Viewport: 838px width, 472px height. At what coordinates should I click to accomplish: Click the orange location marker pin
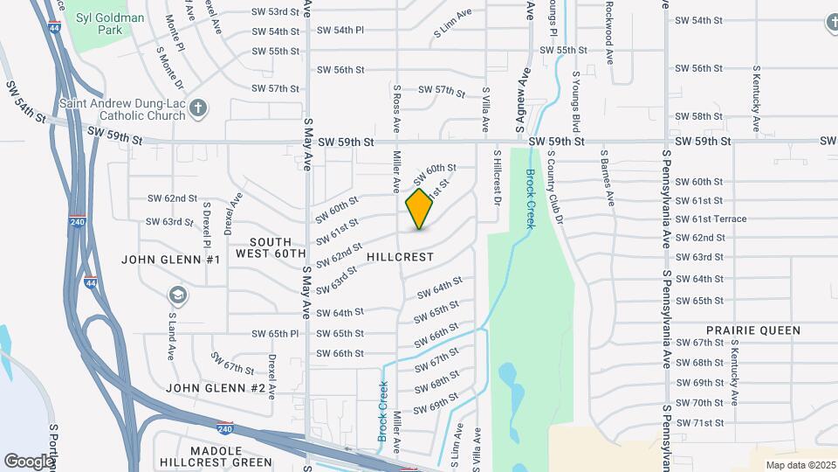coord(419,209)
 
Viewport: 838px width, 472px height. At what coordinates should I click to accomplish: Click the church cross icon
coord(198,108)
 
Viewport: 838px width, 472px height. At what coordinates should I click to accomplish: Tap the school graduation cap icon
coord(178,295)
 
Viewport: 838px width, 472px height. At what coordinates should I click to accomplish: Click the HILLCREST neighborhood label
coord(401,257)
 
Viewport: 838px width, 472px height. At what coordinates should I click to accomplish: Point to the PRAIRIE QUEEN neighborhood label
coord(752,330)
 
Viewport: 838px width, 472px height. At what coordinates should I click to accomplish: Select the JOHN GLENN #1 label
coord(171,260)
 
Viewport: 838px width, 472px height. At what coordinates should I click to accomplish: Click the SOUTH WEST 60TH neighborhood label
coord(272,247)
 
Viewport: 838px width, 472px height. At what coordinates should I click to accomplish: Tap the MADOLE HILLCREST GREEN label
coord(216,456)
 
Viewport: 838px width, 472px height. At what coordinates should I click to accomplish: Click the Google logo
coord(29,461)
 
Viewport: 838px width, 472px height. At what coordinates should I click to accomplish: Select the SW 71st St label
coord(700,423)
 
